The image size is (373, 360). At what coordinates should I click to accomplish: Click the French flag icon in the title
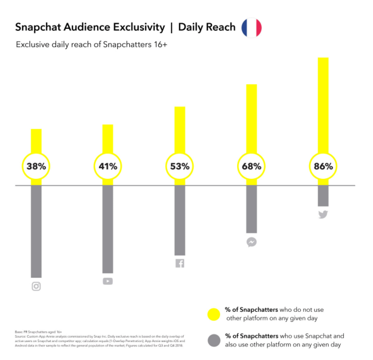point(251,28)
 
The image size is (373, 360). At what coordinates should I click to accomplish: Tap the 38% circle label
point(36,167)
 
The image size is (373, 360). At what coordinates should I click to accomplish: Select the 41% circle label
point(107,167)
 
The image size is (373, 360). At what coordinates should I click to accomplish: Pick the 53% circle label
point(179,167)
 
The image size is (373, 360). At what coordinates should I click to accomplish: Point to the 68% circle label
point(251,167)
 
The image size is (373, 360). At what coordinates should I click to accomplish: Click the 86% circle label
point(323,167)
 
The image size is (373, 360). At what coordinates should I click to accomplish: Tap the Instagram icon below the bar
point(36,286)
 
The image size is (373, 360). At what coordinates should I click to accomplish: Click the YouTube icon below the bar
point(107,281)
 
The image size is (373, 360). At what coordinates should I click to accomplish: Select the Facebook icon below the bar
point(179,263)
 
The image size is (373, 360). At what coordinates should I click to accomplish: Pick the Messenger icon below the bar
point(251,242)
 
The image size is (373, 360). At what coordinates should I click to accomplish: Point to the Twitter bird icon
point(323,214)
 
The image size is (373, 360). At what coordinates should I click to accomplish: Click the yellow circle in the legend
point(214,314)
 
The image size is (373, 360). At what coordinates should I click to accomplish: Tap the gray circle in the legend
point(214,340)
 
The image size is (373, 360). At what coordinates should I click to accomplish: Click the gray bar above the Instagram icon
point(36,232)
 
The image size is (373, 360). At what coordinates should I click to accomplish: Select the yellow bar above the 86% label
point(323,104)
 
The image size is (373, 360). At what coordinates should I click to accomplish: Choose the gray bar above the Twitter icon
point(323,196)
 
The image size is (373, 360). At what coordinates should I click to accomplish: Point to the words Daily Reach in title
point(206,27)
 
